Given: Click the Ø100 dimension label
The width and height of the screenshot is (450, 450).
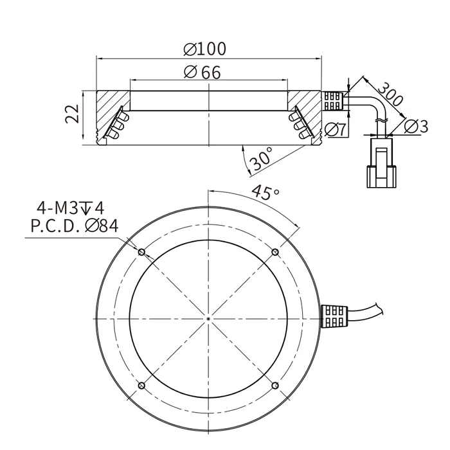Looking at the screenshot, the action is click(x=204, y=49).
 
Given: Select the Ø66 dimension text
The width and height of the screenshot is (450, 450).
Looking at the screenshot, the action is click(x=203, y=72).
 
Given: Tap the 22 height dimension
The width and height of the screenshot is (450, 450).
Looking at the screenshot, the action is click(x=72, y=114).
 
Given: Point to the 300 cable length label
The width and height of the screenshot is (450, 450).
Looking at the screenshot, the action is click(x=390, y=94).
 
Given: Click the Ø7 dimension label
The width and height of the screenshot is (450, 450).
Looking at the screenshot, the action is click(x=335, y=130).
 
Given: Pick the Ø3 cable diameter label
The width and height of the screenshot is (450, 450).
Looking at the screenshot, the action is click(x=415, y=126).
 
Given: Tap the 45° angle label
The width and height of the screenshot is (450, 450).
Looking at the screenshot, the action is click(x=265, y=192).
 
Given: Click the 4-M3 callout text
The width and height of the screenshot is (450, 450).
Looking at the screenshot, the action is click(x=71, y=208).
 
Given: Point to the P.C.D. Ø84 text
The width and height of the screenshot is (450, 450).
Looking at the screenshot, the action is click(x=75, y=226).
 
